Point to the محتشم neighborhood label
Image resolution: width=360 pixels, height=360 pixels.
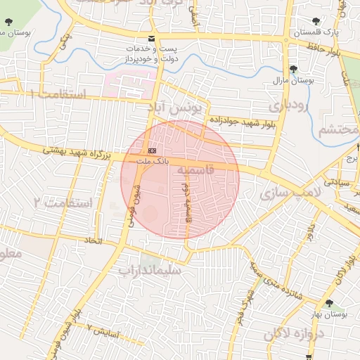(x=336, y=130)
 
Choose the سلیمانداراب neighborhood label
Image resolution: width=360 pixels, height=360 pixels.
(x=150, y=269)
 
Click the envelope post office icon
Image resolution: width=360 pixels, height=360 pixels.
(x=152, y=37)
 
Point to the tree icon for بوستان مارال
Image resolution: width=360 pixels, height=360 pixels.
(x=292, y=68)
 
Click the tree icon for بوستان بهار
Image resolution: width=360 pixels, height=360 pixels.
(x=330, y=303)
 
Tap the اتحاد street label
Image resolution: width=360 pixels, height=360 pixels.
(x=94, y=241)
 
